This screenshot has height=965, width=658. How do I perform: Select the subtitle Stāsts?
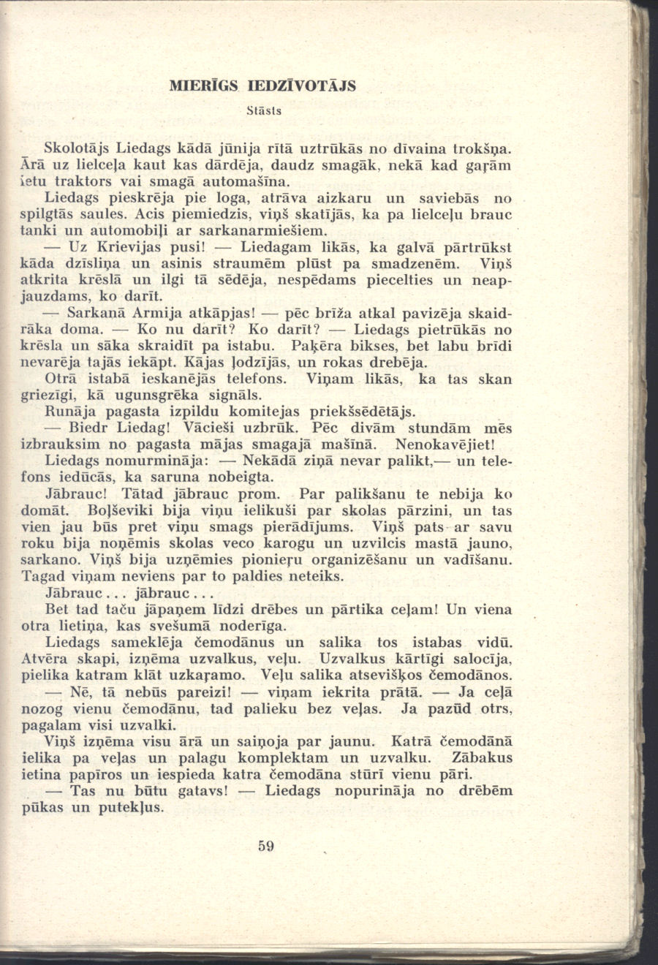click(x=264, y=112)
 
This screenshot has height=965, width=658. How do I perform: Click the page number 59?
click(x=265, y=847)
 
